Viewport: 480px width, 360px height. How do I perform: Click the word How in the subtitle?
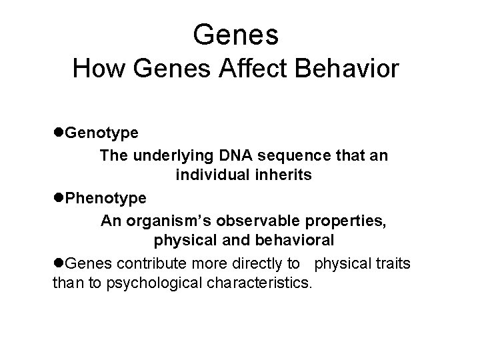click(x=95, y=69)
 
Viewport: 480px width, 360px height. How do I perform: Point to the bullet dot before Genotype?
click(x=58, y=133)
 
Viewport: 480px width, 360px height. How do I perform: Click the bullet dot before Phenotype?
click(x=58, y=198)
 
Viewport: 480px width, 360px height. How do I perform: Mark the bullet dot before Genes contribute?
click(x=58, y=263)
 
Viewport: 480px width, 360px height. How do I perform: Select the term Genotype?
click(x=102, y=133)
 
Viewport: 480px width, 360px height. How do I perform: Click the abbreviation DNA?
click(x=231, y=155)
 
